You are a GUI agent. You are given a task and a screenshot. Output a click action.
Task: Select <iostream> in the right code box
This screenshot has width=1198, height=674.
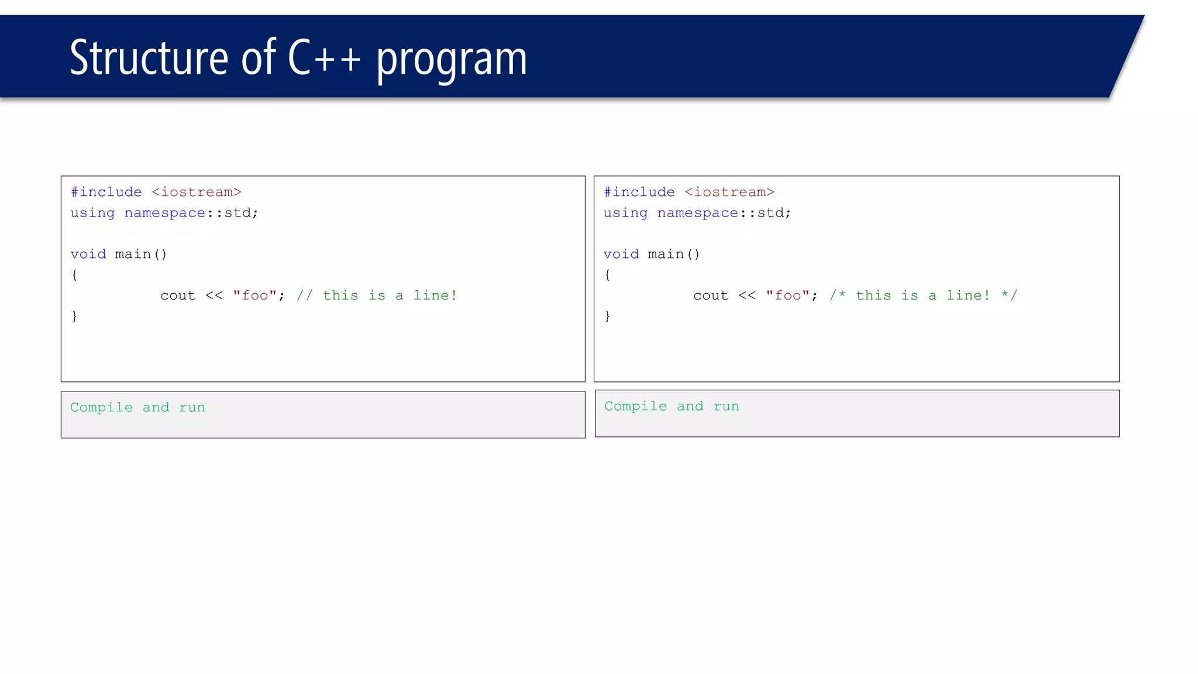[x=729, y=192]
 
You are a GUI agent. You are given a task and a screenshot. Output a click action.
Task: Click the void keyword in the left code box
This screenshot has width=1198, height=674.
[x=88, y=254]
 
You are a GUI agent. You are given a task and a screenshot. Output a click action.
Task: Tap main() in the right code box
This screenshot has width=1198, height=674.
[x=674, y=254]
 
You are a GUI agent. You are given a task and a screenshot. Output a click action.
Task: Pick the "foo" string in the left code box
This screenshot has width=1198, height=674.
[x=254, y=295]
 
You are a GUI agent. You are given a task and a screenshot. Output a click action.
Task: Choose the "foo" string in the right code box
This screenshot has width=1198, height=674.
[x=787, y=295]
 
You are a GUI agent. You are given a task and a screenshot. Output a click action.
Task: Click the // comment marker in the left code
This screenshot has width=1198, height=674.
[x=305, y=295]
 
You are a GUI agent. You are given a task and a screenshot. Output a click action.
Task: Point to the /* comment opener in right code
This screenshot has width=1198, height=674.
[x=838, y=295]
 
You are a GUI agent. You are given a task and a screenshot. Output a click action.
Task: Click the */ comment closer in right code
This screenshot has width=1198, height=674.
[x=1010, y=295]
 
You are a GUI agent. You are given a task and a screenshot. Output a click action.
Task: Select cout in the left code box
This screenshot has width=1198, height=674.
[x=178, y=295]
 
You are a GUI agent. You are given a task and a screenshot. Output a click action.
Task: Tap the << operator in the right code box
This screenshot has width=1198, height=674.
[x=747, y=295]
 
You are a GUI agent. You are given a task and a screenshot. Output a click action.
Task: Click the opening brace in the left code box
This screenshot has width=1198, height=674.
[x=74, y=275]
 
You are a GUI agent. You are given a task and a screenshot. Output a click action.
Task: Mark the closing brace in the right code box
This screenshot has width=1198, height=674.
[x=607, y=317]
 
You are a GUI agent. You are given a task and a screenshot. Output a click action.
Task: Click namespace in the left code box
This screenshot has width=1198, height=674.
[x=165, y=213]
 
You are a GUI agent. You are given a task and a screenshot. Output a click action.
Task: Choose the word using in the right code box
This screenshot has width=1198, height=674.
[x=625, y=213]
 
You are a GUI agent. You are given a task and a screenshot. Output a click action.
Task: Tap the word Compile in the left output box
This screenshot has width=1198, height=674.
[x=102, y=407]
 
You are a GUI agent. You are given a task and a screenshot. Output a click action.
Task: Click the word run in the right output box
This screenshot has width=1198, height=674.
[x=726, y=406]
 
